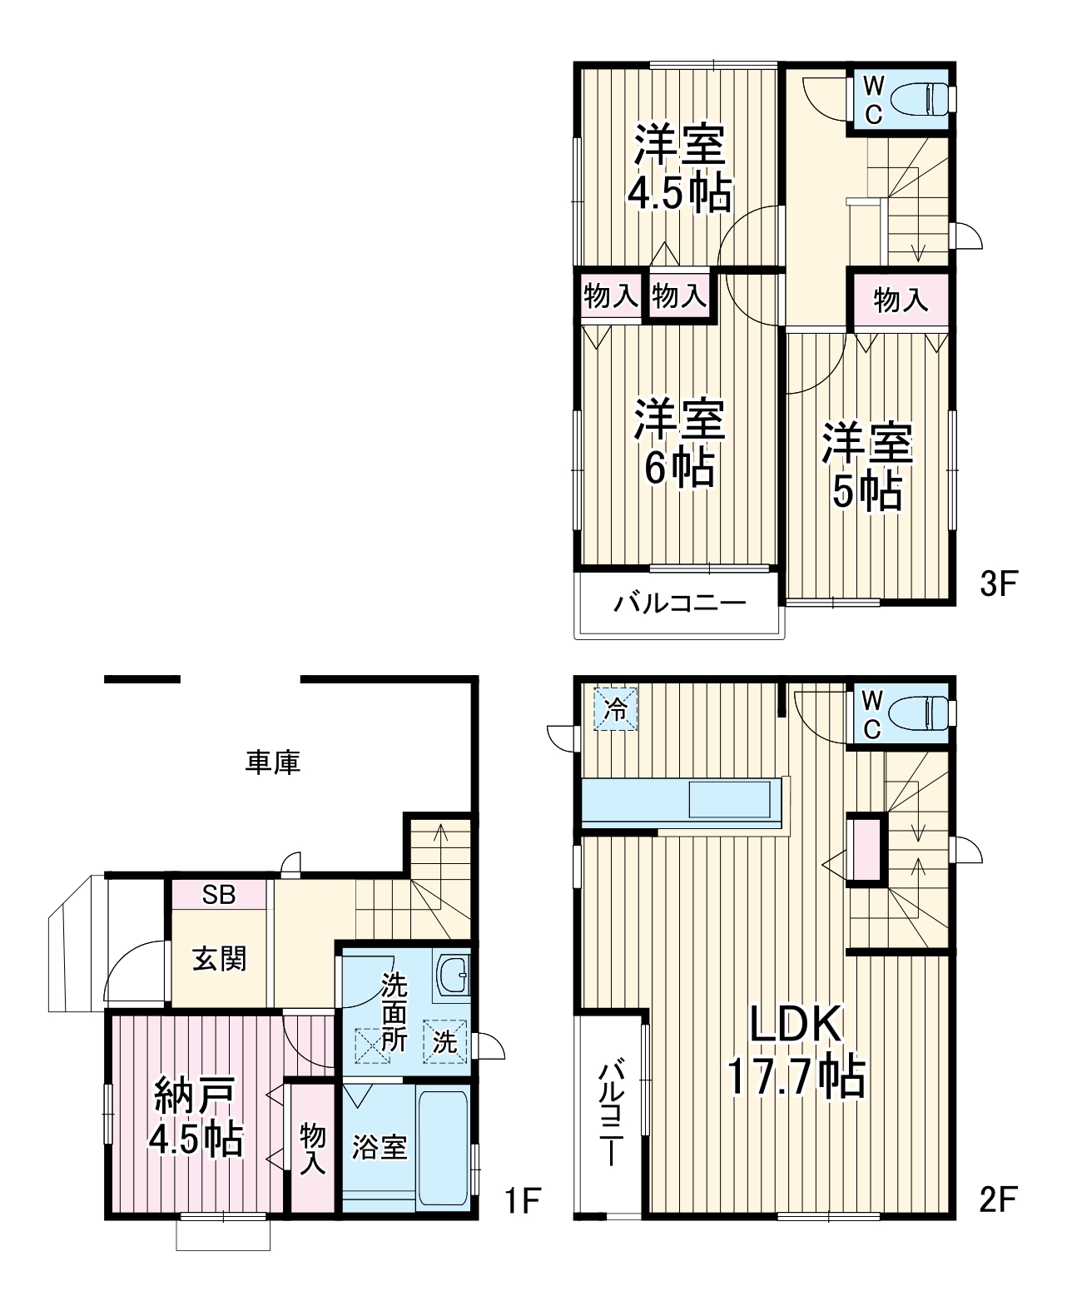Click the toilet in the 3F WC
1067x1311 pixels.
(921, 98)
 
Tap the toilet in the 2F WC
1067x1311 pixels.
(921, 714)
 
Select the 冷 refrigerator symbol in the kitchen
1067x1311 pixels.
(615, 709)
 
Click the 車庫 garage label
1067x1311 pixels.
(273, 762)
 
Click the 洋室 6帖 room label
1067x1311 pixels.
(679, 443)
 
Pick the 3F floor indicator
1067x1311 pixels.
(998, 583)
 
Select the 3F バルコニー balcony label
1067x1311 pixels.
(679, 603)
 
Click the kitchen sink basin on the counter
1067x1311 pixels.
(729, 800)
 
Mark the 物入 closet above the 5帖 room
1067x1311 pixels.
(901, 300)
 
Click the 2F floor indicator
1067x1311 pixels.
(998, 1199)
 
